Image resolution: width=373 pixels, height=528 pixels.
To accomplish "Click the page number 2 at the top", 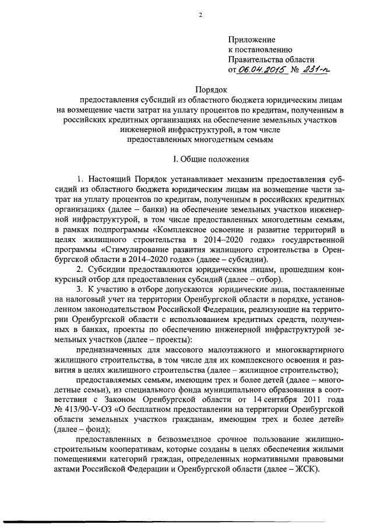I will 199,15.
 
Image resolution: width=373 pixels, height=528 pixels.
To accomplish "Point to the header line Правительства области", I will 271,60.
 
